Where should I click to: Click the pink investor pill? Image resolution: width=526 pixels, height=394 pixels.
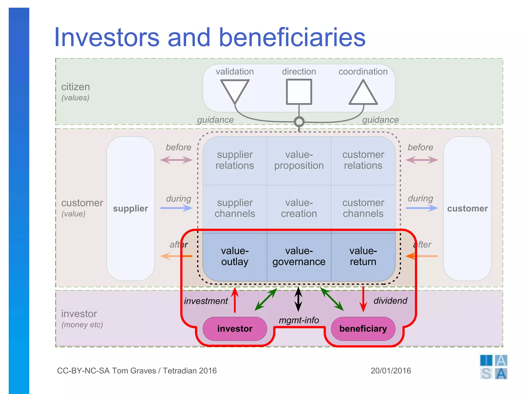[x=235, y=329]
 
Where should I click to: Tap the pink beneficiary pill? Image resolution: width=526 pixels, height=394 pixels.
[x=363, y=329]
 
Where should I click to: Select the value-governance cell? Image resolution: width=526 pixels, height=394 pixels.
[x=299, y=257]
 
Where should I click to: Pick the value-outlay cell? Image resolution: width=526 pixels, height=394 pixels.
[x=235, y=257]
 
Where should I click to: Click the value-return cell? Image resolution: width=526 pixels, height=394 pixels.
[x=363, y=257]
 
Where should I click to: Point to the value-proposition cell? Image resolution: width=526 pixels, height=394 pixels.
[x=299, y=160]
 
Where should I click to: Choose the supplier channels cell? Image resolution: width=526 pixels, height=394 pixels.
[x=235, y=208]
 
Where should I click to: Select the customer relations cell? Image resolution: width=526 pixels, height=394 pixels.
[x=363, y=160]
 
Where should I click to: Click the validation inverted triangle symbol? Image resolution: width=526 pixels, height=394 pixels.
[x=235, y=90]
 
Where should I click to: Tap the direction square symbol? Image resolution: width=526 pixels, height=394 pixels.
[x=299, y=92]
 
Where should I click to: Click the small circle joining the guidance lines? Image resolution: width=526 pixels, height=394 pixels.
[x=299, y=122]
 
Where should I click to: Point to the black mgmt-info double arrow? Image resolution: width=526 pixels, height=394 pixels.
[x=298, y=299]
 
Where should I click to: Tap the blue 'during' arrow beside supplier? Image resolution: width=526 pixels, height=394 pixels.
[x=176, y=208]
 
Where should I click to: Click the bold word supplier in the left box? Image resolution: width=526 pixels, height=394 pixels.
[x=130, y=209]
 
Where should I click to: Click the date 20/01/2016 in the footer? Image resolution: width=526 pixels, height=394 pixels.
[x=391, y=371]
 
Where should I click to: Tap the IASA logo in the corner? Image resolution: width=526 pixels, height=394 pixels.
[x=493, y=367]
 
